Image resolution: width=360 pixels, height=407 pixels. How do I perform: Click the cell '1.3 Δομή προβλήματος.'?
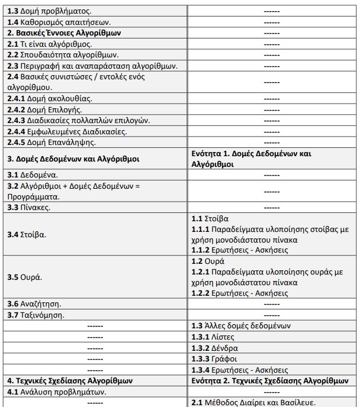pyautogui.click(x=49, y=11)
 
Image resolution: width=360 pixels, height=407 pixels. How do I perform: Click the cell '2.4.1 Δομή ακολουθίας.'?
pyautogui.click(x=50, y=98)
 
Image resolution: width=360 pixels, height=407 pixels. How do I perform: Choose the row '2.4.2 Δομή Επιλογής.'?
pyautogui.click(x=44, y=109)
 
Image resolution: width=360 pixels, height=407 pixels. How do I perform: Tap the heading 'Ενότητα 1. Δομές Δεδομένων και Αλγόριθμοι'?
pyautogui.click(x=251, y=159)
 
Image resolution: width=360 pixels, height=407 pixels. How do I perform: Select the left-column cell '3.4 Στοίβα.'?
pyautogui.click(x=27, y=234)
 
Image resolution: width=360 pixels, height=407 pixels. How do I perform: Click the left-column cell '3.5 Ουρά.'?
pyautogui.click(x=25, y=277)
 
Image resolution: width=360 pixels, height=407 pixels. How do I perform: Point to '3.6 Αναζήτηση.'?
pyautogui.click(x=34, y=304)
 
